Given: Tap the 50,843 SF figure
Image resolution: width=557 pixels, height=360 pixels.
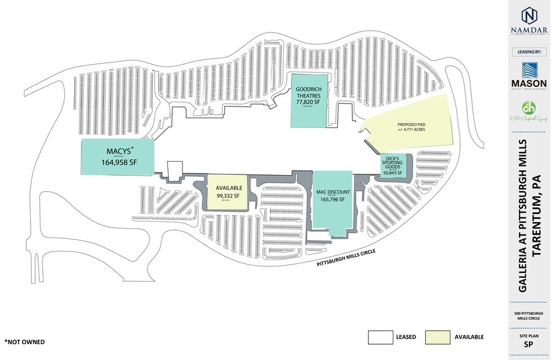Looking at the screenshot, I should pos(392,173).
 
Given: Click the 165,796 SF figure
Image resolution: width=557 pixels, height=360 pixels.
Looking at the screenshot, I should pos(332,200).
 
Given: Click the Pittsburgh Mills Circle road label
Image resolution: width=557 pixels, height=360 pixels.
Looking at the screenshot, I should pos(345,256).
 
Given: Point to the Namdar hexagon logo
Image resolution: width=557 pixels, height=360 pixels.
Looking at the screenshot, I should pos(529,15).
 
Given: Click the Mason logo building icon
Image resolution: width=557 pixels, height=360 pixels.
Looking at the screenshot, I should pos(529,69).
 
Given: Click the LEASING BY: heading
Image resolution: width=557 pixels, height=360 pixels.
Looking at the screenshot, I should pos(529,52).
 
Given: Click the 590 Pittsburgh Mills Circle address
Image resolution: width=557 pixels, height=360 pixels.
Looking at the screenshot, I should pos(529,317).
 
